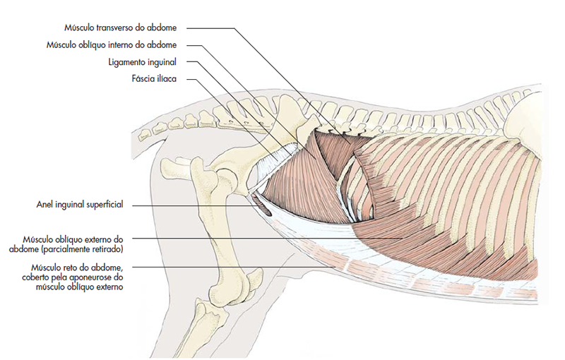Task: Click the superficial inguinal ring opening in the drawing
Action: [261, 206]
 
